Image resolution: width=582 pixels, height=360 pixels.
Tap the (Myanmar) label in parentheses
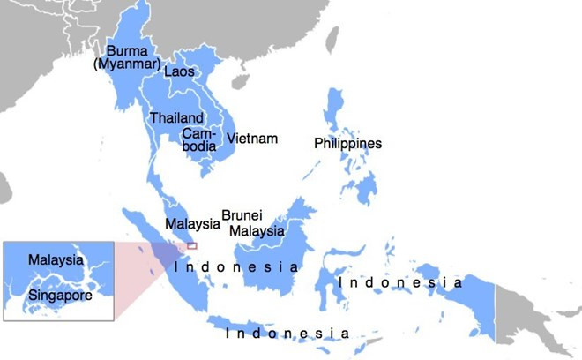(128, 64)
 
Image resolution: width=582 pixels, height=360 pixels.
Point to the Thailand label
(176, 117)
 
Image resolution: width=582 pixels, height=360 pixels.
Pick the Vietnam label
(252, 139)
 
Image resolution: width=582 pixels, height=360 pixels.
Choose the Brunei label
(242, 215)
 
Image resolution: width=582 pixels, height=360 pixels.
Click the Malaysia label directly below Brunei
(257, 231)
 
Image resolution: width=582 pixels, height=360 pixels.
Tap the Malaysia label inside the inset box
(56, 260)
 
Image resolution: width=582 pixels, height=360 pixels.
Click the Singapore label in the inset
(60, 296)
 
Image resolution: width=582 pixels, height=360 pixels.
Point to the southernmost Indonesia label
(287, 334)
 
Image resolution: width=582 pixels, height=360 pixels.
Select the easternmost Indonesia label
(401, 282)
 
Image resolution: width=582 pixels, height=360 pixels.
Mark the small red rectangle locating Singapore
(191, 246)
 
